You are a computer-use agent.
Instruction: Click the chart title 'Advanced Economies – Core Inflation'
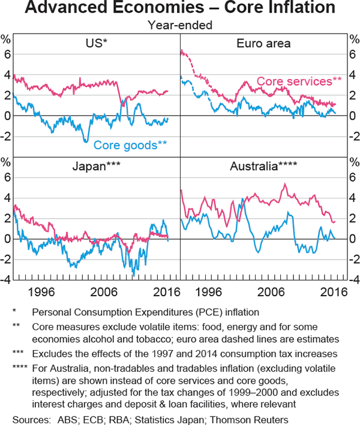pos(180,9)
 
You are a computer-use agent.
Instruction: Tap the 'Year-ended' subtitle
pos(179,26)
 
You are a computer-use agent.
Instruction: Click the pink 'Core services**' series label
pos(299,81)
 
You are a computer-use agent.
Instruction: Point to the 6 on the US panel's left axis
pos(8,54)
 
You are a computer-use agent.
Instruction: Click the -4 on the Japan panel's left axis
pos(7,280)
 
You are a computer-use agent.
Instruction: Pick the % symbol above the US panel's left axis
pos(8,40)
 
